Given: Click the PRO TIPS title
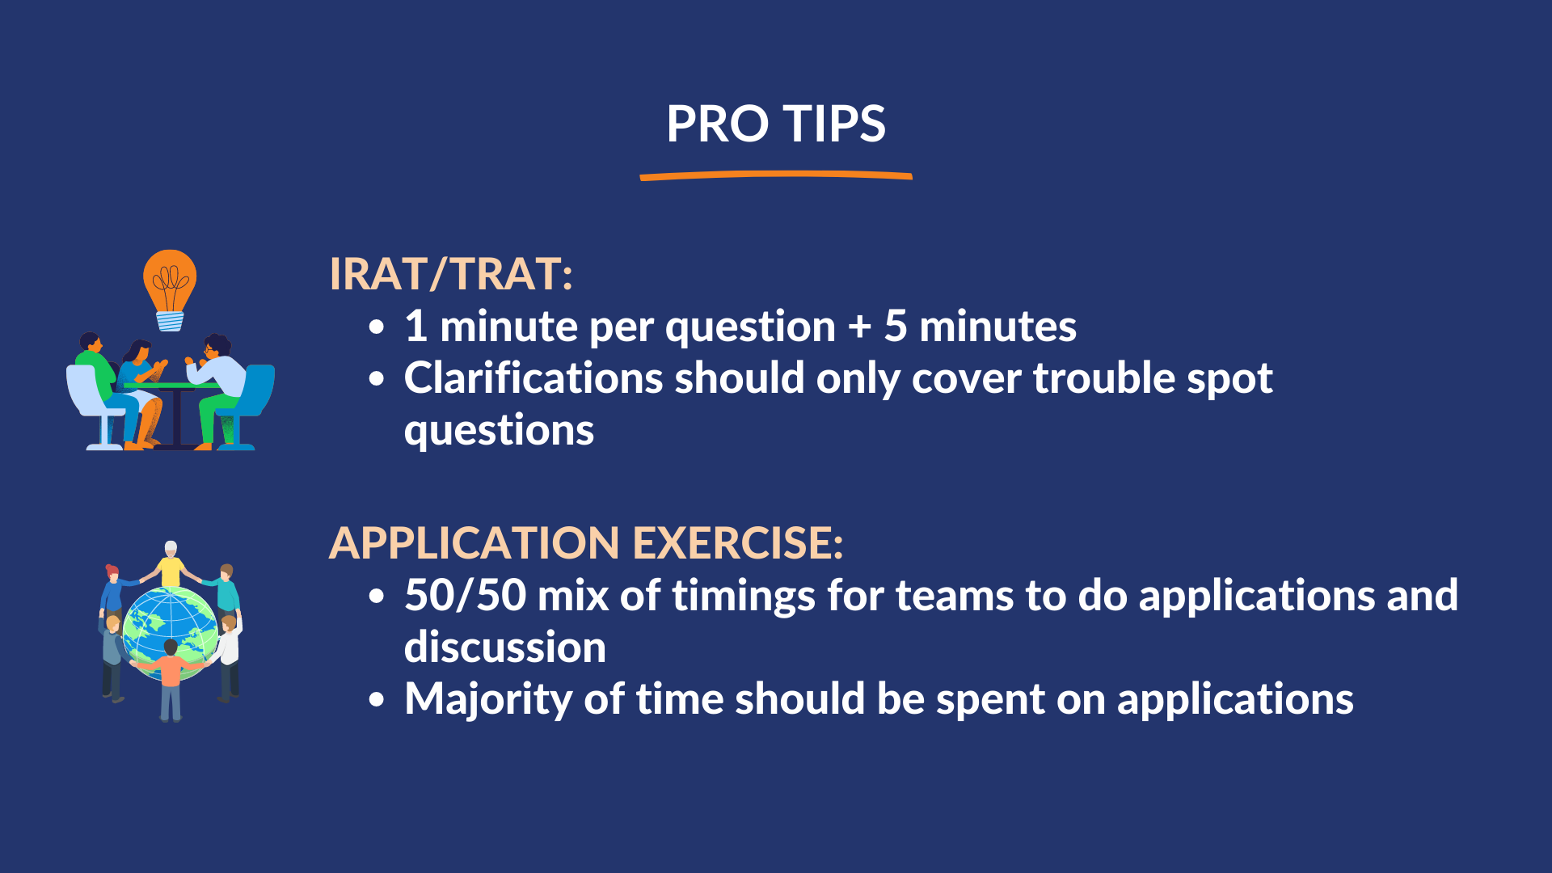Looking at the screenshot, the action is [x=776, y=124].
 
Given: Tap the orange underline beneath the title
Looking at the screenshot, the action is [x=776, y=175].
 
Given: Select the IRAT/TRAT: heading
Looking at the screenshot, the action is [x=451, y=274].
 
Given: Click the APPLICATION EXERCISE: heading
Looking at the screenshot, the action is [x=586, y=542].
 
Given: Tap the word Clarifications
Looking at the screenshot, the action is [x=533, y=378].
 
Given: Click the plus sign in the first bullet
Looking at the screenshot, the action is [x=859, y=327].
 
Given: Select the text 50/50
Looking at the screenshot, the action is [x=466, y=596].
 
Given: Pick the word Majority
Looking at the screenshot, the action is [x=488, y=700].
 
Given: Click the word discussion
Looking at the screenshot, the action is [x=505, y=647].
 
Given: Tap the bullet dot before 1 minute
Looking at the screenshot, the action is [x=377, y=327].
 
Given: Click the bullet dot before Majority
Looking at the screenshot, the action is [x=377, y=700].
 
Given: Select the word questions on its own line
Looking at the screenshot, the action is [x=499, y=431].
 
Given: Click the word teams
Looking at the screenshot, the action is [x=955, y=596].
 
